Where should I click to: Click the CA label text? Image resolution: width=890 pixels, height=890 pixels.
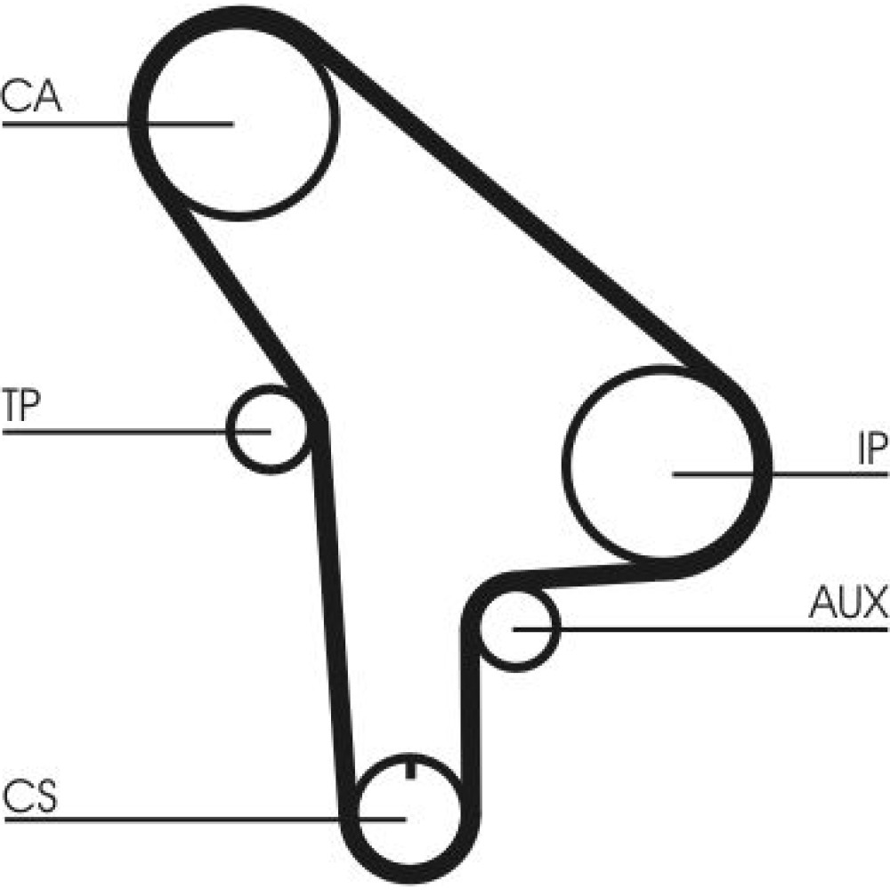30,96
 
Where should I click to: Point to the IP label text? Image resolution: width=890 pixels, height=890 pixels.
871,449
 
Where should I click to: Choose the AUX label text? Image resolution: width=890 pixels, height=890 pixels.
848,603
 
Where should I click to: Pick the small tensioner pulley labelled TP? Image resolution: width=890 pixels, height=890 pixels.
264,429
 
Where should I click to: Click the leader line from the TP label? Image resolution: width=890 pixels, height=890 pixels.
116,432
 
